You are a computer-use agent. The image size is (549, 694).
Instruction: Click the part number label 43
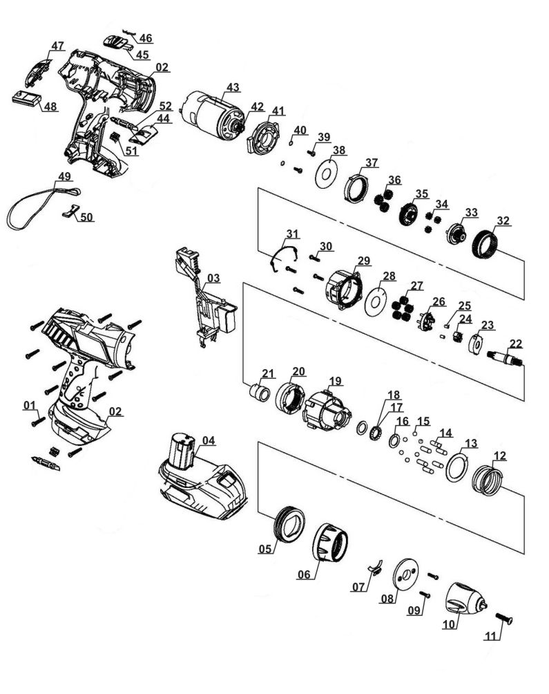coord(233,88)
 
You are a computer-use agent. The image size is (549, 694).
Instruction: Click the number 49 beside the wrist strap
coord(64,177)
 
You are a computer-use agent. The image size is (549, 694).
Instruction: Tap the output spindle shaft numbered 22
coord(508,357)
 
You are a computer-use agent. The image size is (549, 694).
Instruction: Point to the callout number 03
coord(213,279)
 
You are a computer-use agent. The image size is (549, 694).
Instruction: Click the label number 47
coord(57,46)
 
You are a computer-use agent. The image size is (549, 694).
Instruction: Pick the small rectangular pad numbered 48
coord(26,98)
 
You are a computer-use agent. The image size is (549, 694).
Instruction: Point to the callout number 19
coord(335,380)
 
